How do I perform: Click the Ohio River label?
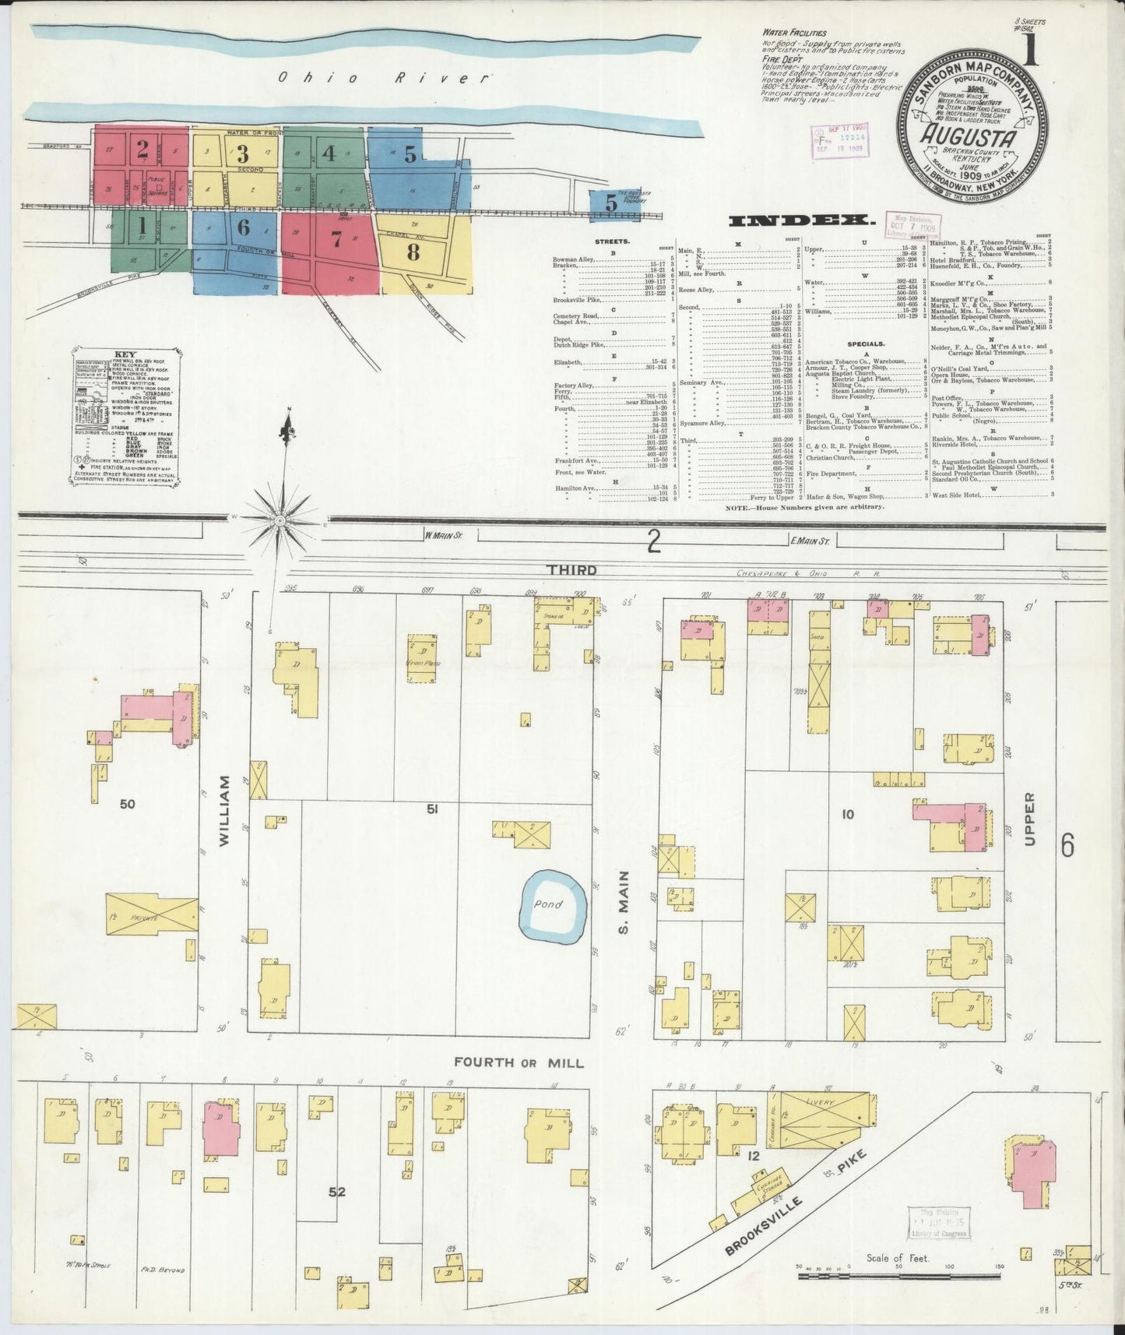385,78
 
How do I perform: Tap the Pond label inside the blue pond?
548,904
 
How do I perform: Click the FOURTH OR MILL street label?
519,1062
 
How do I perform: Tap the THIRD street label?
572,570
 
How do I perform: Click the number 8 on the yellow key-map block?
413,252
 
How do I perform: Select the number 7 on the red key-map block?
336,240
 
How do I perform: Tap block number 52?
336,1191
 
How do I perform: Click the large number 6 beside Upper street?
1067,844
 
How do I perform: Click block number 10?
848,815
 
